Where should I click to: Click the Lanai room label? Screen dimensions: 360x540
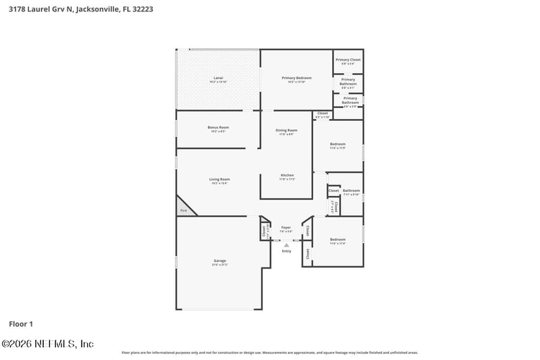point(218,78)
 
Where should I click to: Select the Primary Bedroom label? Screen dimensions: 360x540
point(296,78)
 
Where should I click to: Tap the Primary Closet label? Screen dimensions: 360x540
point(348,60)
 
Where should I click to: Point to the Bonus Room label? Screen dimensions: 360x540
point(218,128)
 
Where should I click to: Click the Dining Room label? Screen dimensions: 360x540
point(286,130)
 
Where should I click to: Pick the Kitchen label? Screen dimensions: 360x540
point(288,176)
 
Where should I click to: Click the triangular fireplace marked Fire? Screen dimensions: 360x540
point(184,209)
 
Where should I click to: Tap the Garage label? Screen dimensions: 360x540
point(220,261)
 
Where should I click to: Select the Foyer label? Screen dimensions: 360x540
point(286,228)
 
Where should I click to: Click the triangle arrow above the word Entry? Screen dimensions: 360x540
point(286,245)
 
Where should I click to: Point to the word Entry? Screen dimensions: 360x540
point(286,251)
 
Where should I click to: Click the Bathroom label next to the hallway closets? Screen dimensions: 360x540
point(351,191)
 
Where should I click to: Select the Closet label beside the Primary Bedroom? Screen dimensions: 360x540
point(323,113)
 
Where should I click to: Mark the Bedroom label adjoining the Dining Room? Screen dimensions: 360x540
point(337,144)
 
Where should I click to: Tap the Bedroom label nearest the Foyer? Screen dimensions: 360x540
point(337,240)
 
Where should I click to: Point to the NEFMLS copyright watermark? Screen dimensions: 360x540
point(47,344)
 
